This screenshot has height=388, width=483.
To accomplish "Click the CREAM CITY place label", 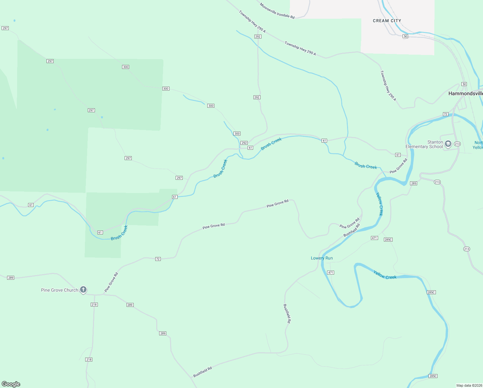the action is point(387,21).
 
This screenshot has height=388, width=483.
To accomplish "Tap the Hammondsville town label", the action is point(465,93).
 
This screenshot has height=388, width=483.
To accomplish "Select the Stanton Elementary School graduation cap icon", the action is point(448,144).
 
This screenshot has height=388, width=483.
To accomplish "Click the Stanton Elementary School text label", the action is point(424,145).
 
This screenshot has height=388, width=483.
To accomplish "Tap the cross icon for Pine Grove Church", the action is point(83,290).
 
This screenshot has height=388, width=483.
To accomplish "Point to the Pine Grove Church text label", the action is point(59,290).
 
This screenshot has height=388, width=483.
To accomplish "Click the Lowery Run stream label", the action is point(322,258).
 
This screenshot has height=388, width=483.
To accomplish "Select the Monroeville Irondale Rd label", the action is point(277,11).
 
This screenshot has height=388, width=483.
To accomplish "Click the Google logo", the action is point(11,384).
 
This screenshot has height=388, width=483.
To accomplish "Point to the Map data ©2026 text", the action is point(469,385).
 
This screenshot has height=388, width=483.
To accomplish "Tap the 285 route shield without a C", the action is point(414,183).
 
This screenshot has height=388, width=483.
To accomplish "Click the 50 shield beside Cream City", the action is point(405,36).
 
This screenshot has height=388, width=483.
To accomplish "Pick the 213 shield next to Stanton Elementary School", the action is point(457,144).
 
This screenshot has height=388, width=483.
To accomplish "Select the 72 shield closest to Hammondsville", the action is point(445,114).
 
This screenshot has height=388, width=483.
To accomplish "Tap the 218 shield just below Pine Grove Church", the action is point(94,305).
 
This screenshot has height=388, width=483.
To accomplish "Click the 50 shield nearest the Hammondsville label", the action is point(464,84).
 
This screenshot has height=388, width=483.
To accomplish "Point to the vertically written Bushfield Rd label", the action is point(287,313).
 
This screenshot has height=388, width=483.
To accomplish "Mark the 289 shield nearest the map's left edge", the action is point(11,278).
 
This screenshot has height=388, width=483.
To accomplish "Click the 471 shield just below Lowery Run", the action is point(330,273).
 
